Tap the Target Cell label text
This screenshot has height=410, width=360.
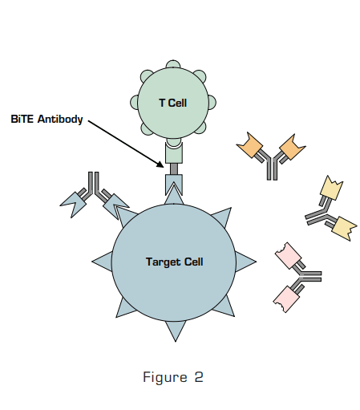[x=174, y=262]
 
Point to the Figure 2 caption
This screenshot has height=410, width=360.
[x=173, y=377]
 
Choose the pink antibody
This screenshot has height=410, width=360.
[x=297, y=277]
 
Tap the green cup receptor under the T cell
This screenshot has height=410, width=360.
[x=174, y=150]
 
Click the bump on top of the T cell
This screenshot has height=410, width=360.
[x=173, y=64]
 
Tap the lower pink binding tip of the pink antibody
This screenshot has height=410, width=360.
[x=287, y=299]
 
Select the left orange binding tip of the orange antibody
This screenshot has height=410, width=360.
[x=249, y=146]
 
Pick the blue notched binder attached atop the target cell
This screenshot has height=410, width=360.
[x=174, y=186]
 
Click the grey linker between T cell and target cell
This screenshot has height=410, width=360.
[x=174, y=168]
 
